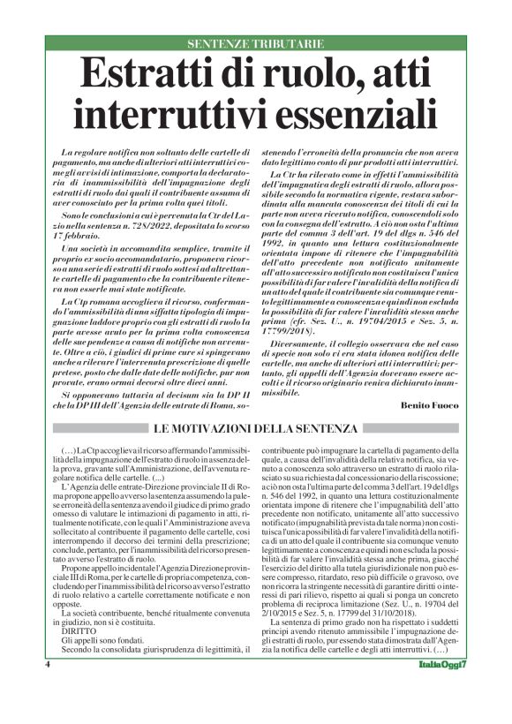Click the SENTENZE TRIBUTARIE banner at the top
pos(255,42)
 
